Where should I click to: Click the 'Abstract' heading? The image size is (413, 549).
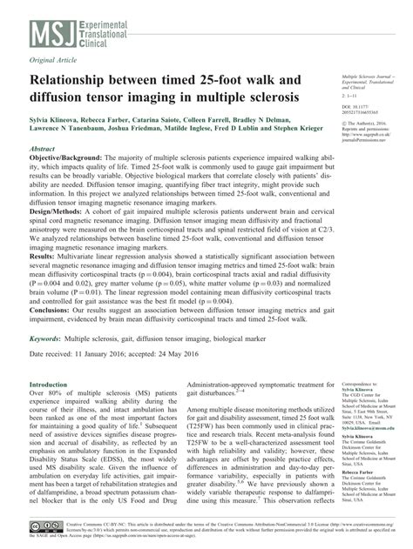(x=44, y=150)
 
